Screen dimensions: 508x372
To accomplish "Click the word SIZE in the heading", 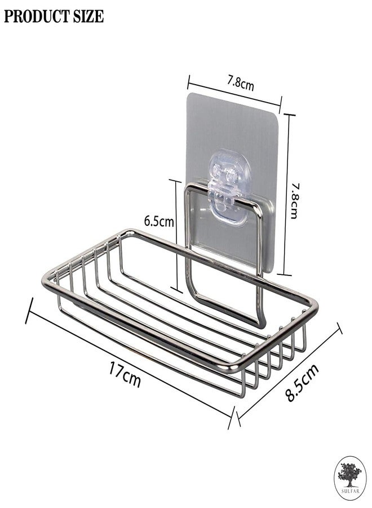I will (x=87, y=17).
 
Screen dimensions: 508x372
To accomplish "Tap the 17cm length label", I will (x=125, y=373).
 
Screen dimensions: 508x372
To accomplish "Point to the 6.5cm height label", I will (x=158, y=221).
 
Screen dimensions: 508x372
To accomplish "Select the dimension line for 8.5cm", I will (x=289, y=373).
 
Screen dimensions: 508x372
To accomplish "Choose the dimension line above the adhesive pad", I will (x=234, y=90).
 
